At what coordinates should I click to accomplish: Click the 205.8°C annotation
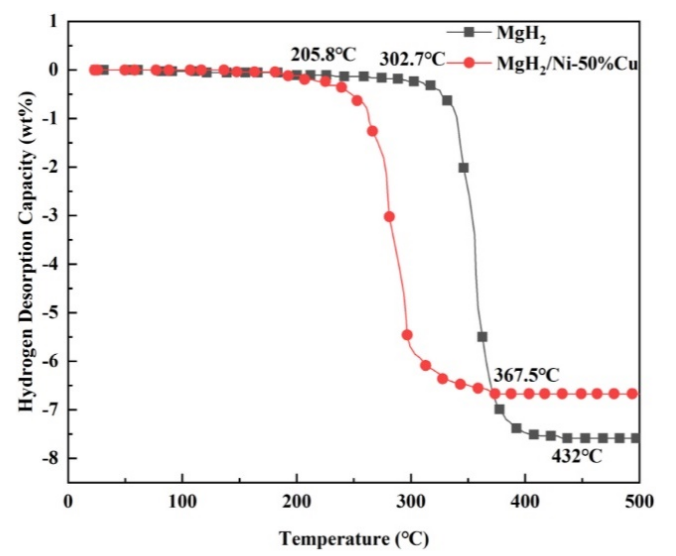[x=323, y=55]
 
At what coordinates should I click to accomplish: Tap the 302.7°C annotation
[x=412, y=60]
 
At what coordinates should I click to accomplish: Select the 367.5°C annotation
[x=526, y=375]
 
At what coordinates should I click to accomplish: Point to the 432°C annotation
[x=576, y=457]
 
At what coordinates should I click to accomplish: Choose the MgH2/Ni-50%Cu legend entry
[x=541, y=64]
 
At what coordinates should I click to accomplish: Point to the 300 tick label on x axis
[x=411, y=502]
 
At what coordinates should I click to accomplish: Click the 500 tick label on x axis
[x=639, y=502]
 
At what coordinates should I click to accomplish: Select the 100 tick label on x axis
[x=182, y=502]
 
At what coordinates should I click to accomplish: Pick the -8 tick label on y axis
[x=51, y=458]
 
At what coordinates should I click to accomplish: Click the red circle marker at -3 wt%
[x=389, y=217]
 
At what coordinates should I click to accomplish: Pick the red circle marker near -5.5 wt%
[x=407, y=335]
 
